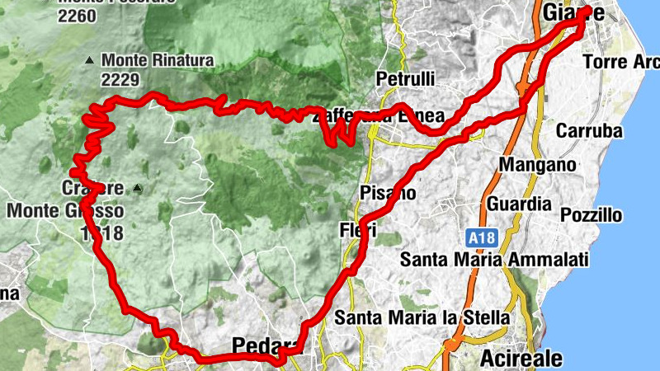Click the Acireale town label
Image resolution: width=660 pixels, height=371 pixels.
[521, 359]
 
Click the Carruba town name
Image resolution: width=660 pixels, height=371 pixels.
[588, 130]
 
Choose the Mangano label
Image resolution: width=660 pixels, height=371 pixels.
[537, 165]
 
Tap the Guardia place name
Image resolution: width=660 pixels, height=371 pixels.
[519, 203]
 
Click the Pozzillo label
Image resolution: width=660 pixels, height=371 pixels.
[591, 216]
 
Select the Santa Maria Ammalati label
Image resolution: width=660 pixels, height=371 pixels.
[494, 260]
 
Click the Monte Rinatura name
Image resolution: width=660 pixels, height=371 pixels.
[158, 60]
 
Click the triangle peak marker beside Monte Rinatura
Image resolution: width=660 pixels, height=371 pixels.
[90, 59]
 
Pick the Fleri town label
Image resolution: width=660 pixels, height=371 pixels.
[357, 231]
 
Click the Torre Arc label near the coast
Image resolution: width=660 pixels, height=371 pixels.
[620, 62]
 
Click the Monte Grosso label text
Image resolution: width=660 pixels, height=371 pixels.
[65, 210]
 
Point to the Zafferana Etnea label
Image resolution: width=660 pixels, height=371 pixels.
[379, 116]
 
